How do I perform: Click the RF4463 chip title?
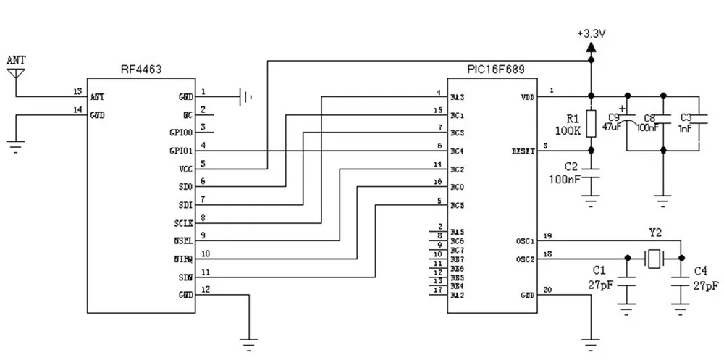click(141, 70)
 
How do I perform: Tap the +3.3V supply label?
click(591, 33)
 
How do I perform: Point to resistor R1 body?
click(592, 122)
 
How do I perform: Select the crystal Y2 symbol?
click(654, 257)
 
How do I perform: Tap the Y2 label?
click(654, 234)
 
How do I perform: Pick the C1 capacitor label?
click(600, 271)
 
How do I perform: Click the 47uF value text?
click(612, 127)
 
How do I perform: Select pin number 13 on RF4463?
click(77, 91)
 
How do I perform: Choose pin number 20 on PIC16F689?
click(548, 290)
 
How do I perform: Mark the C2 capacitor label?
click(571, 166)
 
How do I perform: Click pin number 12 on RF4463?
click(206, 290)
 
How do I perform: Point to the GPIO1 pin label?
click(180, 151)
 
